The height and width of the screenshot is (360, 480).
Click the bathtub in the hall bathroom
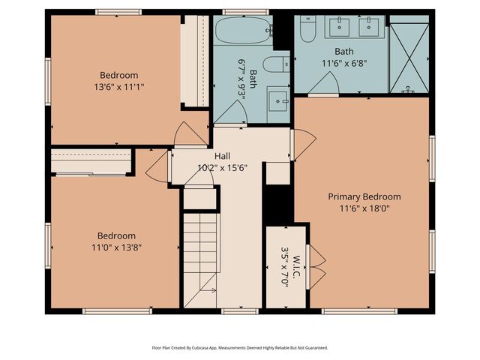pos(239,31)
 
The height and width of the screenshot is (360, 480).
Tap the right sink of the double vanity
pos(370,28)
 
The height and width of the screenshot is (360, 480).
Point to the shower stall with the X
pos(410,55)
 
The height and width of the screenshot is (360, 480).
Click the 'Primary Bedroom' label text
pos(364,196)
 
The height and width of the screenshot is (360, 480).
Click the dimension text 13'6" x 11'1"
pos(118,87)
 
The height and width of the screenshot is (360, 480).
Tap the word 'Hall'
pos(222,156)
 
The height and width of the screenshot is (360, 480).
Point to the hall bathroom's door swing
pos(228,114)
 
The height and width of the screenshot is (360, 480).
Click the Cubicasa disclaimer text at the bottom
pos(240,348)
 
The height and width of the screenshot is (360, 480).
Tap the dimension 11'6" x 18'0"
pos(364,208)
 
